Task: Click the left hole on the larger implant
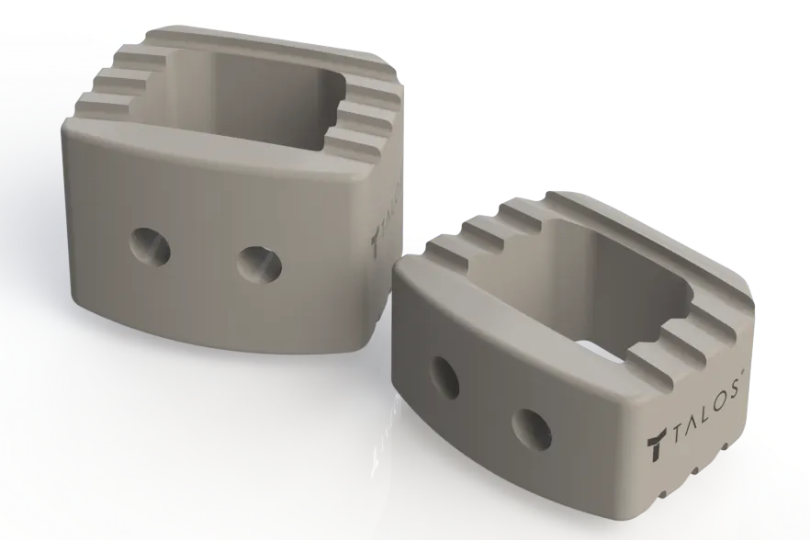[x=149, y=245]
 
